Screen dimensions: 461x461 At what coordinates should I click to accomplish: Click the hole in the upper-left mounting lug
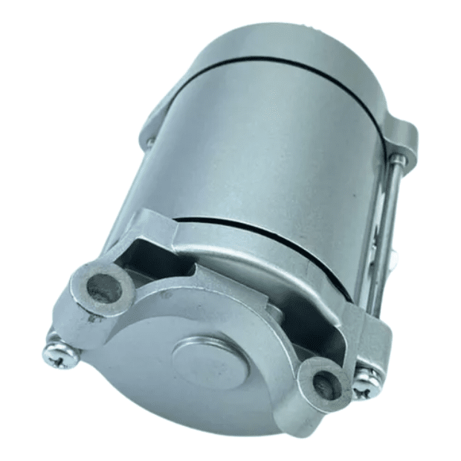coord(102,287)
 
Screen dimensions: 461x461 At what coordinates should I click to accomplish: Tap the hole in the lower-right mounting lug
coord(322,384)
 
